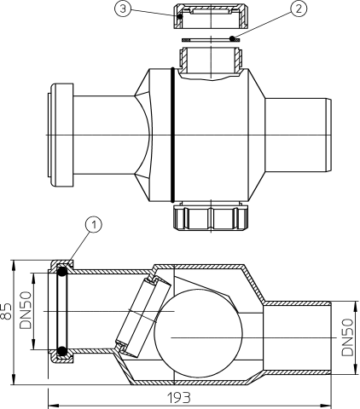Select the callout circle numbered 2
(x=298, y=9)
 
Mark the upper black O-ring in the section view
(x=63, y=272)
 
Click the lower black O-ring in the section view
(x=62, y=350)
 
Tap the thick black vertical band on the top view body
(x=174, y=135)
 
